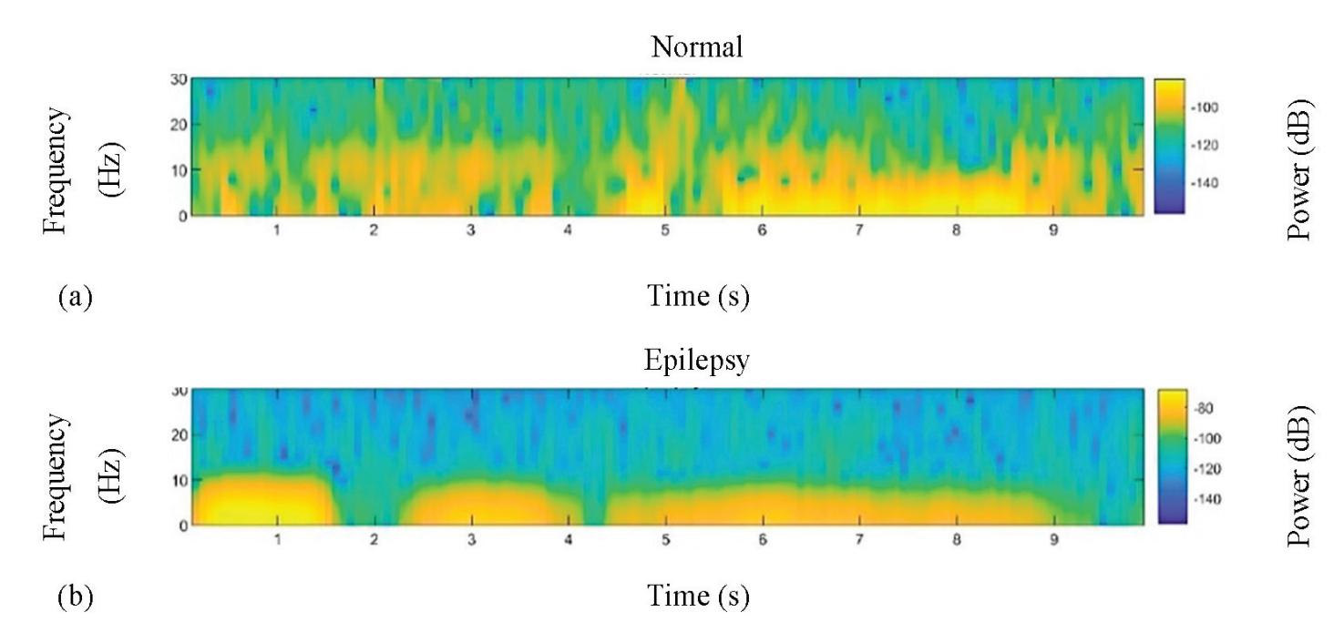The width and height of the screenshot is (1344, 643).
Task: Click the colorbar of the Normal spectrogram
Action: tap(1170, 146)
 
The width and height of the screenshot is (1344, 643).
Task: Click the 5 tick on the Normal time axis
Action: tap(665, 230)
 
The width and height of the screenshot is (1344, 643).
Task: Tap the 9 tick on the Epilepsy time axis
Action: tap(1053, 539)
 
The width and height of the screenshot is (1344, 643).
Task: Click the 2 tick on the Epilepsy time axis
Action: tap(374, 539)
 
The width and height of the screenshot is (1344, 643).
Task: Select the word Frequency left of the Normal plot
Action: tap(56, 170)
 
